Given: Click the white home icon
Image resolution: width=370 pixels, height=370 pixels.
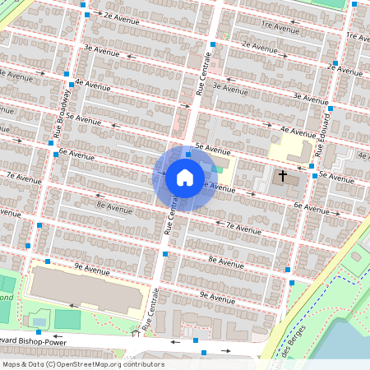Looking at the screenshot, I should (185, 177).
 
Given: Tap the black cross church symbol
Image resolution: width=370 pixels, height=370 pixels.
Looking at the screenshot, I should (283, 176).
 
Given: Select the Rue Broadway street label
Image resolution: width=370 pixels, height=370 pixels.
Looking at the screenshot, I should (60, 113).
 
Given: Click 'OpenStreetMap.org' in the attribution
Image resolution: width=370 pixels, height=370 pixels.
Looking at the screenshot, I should (90, 364).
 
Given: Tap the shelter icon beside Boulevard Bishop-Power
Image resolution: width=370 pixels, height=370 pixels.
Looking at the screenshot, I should (135, 332).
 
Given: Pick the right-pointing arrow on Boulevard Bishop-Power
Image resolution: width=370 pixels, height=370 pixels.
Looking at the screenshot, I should (225, 351).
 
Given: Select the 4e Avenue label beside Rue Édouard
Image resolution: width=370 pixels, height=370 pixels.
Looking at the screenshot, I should (298, 131).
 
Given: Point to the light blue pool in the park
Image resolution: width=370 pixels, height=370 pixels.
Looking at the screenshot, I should (39, 320).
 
